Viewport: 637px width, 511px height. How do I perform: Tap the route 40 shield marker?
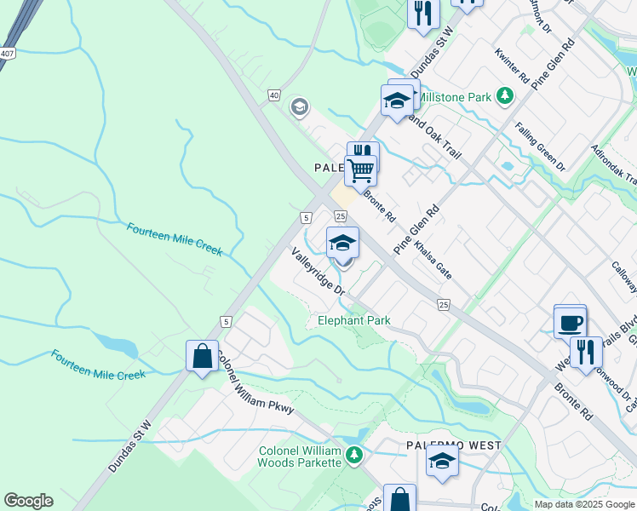[273, 96]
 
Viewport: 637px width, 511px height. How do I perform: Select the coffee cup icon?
[570, 324]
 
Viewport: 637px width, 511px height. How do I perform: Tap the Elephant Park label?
[353, 321]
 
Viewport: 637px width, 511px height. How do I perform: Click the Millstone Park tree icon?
[506, 96]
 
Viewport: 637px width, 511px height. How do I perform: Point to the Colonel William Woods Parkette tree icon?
[354, 456]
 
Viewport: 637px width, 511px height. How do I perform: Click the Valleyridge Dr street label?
[318, 271]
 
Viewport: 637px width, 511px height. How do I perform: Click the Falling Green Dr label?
[540, 147]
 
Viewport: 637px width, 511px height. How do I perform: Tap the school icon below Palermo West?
[442, 462]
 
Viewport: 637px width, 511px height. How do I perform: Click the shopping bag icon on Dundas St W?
[202, 356]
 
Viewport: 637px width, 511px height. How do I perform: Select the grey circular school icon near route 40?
[299, 107]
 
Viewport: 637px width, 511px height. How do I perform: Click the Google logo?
[28, 501]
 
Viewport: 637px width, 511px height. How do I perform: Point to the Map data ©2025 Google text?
[584, 504]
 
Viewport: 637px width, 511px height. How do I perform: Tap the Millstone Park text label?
[454, 97]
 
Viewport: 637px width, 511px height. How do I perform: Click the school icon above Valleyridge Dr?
[342, 244]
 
